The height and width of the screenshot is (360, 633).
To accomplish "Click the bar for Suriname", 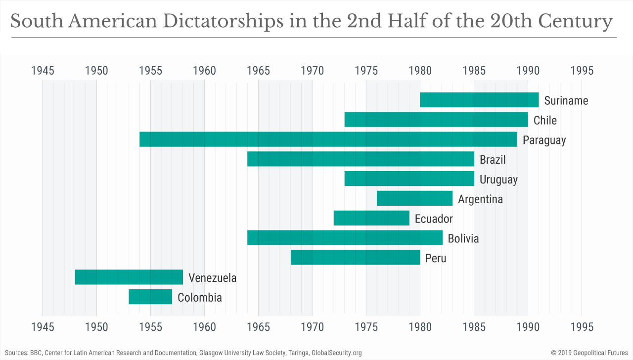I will click(x=479, y=100).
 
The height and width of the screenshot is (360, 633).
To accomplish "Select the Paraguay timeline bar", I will click(x=328, y=139).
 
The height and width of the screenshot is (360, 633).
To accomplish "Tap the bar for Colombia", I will click(x=150, y=297).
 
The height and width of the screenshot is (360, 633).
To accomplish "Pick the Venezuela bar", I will click(x=129, y=277).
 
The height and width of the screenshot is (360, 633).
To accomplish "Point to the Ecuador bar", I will click(x=371, y=218).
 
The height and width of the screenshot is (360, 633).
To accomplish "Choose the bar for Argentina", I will click(x=414, y=198).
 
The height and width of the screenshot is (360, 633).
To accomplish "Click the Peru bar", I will click(x=355, y=258).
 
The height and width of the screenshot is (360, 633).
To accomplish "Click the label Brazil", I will click(x=493, y=160).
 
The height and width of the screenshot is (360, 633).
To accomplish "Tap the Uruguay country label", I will click(x=498, y=180).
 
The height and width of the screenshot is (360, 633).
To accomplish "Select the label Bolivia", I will click(x=463, y=239).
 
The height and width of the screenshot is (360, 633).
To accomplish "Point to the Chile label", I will click(x=545, y=120).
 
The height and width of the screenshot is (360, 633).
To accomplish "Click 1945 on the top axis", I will click(x=43, y=70).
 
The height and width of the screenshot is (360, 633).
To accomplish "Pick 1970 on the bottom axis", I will click(x=312, y=327).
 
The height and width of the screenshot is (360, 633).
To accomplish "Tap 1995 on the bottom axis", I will click(x=582, y=327).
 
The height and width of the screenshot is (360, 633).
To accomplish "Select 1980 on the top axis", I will click(x=420, y=70).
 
